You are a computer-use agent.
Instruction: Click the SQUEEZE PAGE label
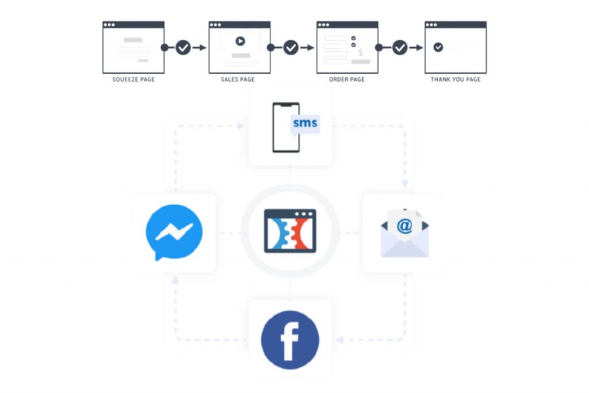133,79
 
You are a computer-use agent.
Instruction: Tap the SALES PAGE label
238,79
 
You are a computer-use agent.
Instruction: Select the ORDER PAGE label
347,79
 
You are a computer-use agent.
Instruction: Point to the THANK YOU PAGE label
456,79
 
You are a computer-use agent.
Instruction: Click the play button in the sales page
240,41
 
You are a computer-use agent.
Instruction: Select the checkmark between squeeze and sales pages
183,47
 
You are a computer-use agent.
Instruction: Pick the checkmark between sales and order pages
291,47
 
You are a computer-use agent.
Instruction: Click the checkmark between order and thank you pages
400,47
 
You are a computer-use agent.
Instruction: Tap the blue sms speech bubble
304,123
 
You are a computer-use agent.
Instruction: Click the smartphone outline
286,128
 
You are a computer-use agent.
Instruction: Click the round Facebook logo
290,339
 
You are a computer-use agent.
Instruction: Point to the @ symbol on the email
404,225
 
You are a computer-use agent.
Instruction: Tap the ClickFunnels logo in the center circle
290,231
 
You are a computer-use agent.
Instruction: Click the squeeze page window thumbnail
133,47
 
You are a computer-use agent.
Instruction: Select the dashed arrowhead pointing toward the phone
240,125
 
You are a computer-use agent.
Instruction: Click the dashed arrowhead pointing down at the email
405,183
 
